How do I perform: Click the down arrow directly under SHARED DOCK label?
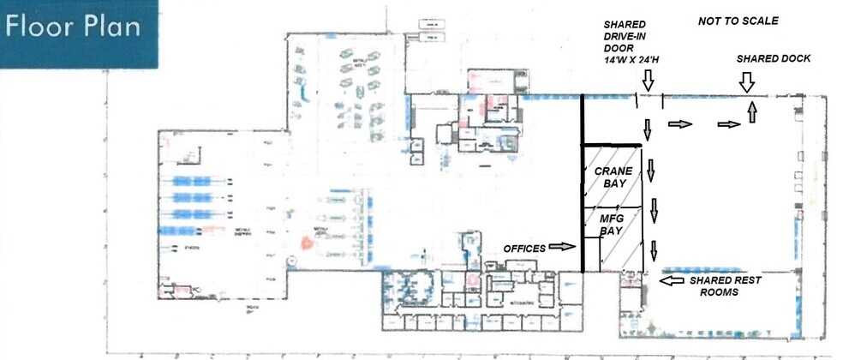[746, 82]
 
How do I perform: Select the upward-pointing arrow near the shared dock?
[751, 112]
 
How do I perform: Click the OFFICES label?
[524, 249]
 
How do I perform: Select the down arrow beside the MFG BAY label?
[654, 208]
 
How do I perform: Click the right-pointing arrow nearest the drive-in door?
[681, 124]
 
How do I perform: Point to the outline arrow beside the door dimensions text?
[648, 81]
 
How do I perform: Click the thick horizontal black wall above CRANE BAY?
[613, 144]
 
